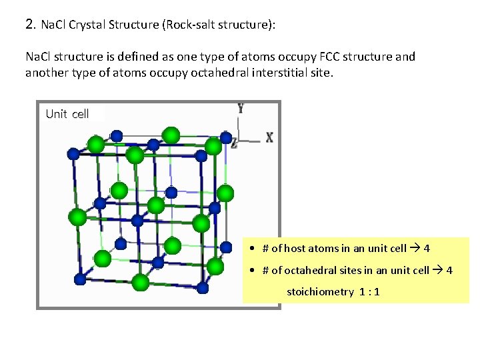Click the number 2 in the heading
[29, 25]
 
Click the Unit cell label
[67, 114]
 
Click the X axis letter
[270, 137]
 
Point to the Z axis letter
[234, 141]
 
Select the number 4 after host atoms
[427, 249]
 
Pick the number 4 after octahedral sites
[449, 270]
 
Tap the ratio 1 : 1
[369, 292]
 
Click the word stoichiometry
[320, 292]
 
